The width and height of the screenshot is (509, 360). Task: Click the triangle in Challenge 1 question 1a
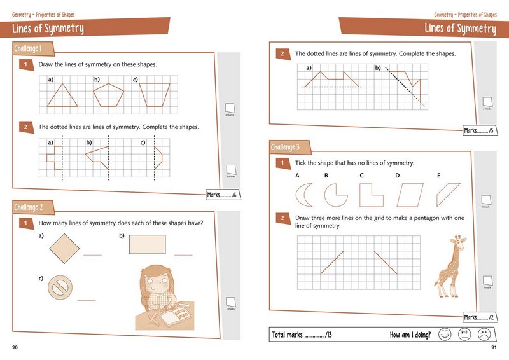pos(61,96)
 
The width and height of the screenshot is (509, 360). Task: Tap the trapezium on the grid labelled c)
pos(155,95)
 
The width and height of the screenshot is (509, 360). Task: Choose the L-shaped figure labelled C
pos(370,195)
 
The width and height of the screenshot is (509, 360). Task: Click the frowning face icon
pos(484,335)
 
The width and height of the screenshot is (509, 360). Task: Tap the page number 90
pos(15,347)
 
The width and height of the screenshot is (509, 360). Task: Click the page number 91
pos(494,347)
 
